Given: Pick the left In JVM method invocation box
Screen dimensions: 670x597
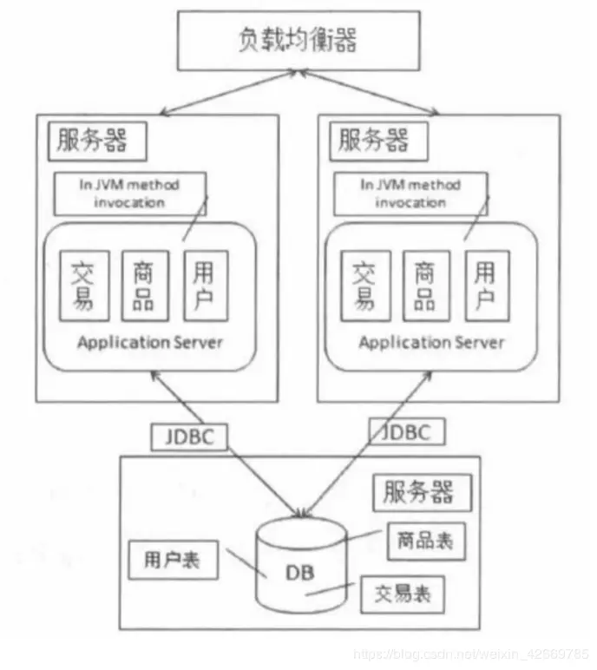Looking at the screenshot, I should pos(130,194).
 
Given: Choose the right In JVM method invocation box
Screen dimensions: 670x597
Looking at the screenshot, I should pos(410,194).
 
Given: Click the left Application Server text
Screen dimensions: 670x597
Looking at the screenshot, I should pos(150,342).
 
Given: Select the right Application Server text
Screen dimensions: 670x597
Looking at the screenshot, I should pos(431,342).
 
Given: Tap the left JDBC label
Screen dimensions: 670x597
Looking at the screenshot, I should pos(189,437).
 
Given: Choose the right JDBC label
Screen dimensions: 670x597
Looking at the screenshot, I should pos(400,431).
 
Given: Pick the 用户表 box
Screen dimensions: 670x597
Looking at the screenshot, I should pos(172,561).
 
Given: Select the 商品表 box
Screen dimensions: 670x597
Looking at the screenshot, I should pos(421,541).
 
